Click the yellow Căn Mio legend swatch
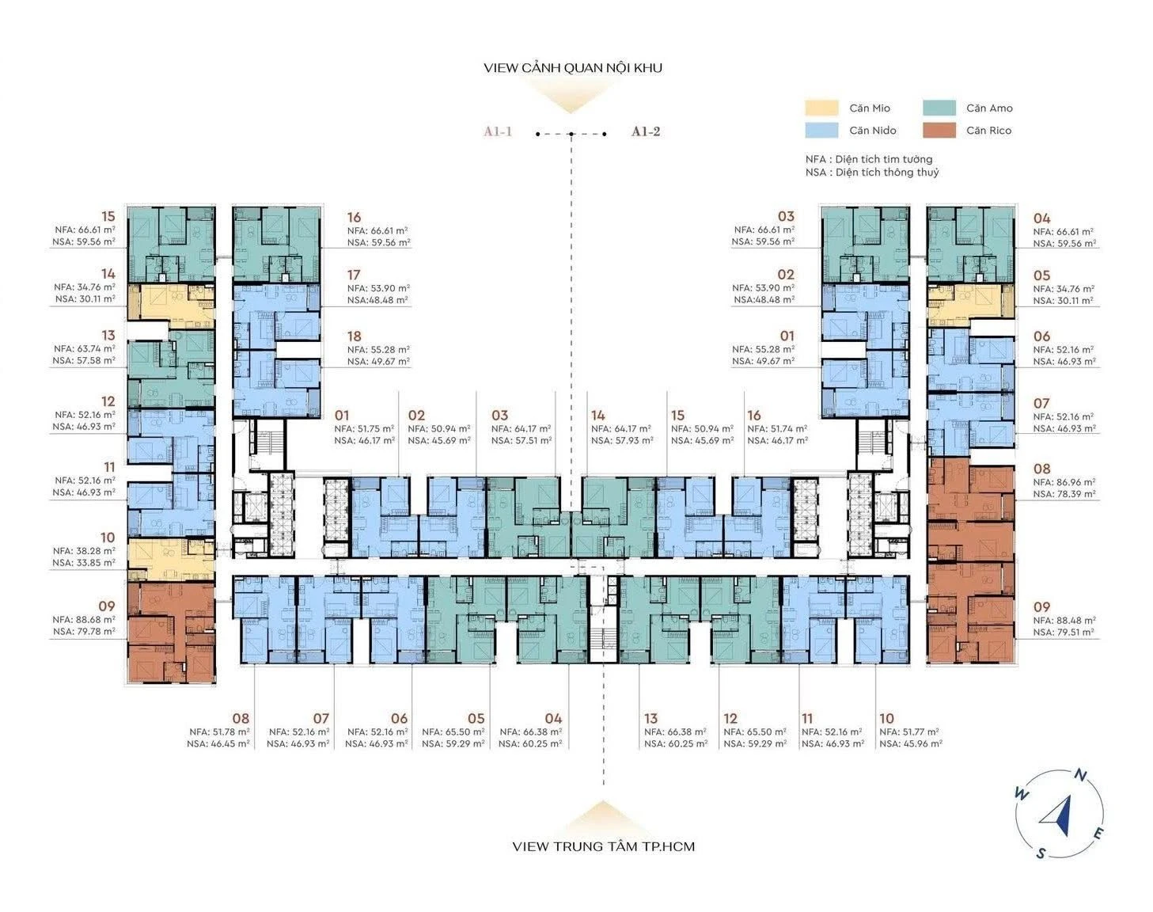(821, 108)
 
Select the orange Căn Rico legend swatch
(939, 131)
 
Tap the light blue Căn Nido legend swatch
(821, 131)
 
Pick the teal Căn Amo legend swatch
(939, 108)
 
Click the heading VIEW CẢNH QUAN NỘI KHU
(573, 67)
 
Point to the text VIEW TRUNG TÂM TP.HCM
(603, 846)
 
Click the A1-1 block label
(498, 131)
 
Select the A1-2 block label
(646, 131)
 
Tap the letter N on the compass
(1081, 775)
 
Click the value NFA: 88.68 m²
(84, 620)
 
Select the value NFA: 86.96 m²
(1064, 482)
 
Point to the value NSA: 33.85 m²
(84, 562)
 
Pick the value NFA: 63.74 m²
(84, 348)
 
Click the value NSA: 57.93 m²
(622, 440)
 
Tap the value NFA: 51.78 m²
(219, 731)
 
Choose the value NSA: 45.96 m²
(911, 743)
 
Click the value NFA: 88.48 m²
(1064, 621)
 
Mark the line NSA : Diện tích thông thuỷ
(872, 172)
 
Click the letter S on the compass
(1041, 853)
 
